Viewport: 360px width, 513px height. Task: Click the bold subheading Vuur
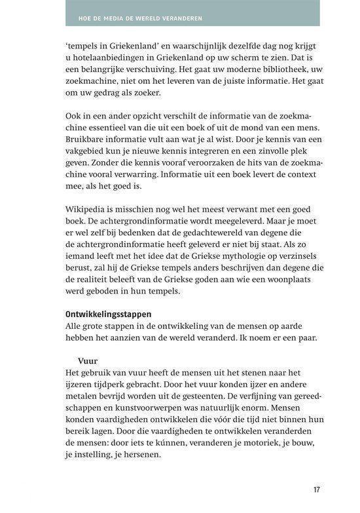coord(87,360)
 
